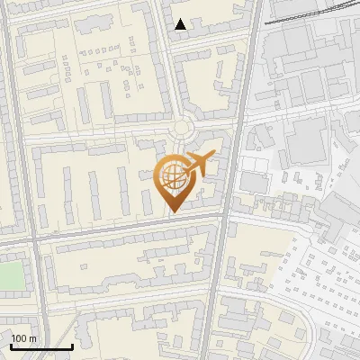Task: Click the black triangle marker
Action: click(182, 24)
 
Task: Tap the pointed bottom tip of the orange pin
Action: click(171, 212)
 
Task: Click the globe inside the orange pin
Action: click(171, 176)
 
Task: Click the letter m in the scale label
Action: click(33, 338)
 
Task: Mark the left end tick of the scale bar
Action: click(10, 346)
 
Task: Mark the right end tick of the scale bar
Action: click(72, 346)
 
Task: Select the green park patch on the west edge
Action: click(11, 274)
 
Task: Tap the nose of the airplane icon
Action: click(212, 158)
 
